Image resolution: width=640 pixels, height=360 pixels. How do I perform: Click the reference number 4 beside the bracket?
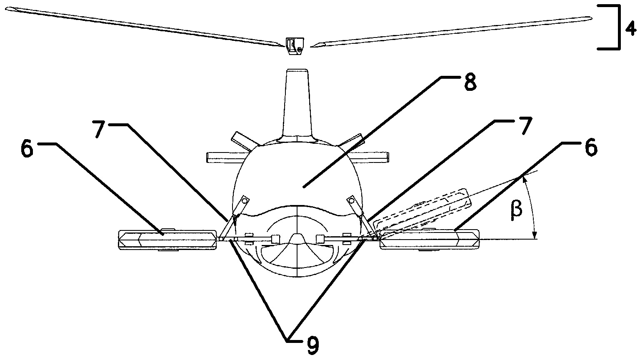click(630, 30)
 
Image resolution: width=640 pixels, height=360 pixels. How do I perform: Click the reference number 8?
click(470, 82)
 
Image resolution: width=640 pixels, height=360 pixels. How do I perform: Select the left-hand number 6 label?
click(27, 149)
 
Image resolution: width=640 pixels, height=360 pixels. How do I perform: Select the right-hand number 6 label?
click(591, 147)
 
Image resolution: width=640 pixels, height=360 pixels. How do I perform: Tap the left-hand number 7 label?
click(99, 129)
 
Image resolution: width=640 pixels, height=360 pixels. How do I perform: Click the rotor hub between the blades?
click(295, 46)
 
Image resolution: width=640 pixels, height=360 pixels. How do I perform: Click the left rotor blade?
click(143, 26)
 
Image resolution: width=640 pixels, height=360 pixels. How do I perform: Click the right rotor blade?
click(451, 31)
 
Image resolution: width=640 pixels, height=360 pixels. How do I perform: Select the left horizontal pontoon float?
click(167, 240)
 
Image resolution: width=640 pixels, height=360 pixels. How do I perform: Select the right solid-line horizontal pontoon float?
click(430, 240)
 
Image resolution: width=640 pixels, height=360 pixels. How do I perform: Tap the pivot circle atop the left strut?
click(244, 201)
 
